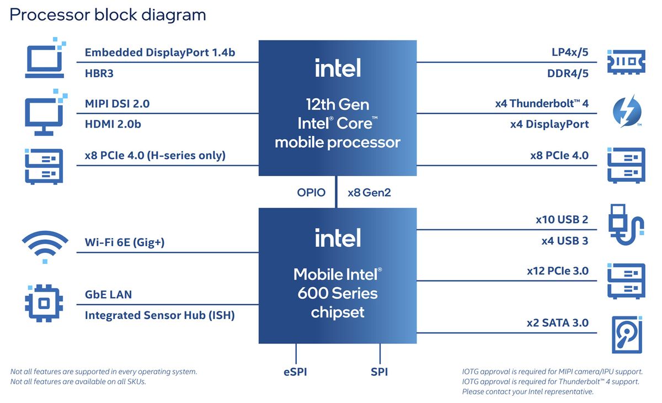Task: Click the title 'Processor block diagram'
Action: [108, 15]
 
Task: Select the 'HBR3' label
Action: [99, 73]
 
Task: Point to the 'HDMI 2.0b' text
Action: [113, 124]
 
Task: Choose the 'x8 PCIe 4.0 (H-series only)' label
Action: [155, 155]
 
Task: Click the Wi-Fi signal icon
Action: [45, 245]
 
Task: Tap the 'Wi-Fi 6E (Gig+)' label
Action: [124, 242]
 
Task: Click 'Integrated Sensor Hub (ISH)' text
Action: [159, 315]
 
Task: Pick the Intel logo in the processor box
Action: [338, 68]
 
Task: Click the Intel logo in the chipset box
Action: [338, 238]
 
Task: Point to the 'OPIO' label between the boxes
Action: [311, 193]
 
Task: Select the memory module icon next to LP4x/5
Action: [626, 62]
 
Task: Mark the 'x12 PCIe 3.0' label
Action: [557, 271]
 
